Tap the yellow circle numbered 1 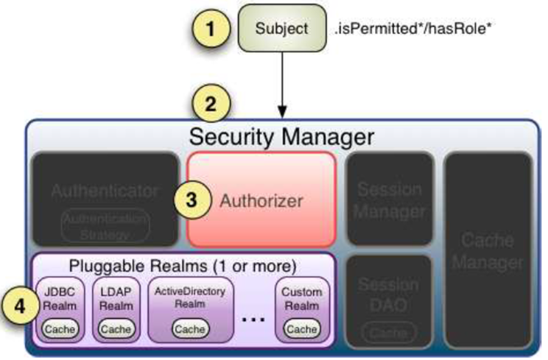212,30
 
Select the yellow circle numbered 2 212,105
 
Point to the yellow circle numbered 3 192,200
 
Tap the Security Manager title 282,136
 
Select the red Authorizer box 262,199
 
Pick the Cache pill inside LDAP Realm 116,328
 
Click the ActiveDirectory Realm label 190,297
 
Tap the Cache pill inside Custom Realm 301,328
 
